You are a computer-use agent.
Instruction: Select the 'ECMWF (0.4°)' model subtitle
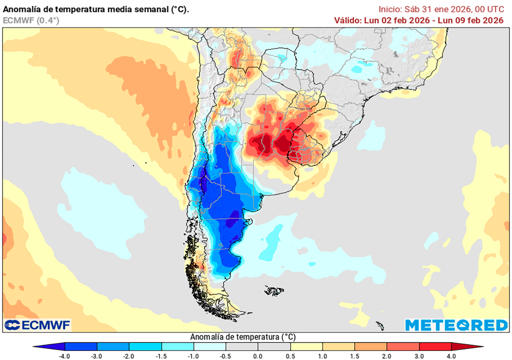tap(31, 20)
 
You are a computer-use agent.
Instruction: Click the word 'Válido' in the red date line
tap(347, 20)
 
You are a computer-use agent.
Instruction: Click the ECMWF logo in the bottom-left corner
tap(37, 325)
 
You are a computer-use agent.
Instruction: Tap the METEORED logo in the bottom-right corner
tap(456, 325)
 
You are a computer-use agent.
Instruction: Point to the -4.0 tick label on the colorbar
tap(65, 355)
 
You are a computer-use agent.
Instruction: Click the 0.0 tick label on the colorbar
tap(257, 355)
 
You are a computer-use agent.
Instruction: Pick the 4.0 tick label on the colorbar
tap(451, 355)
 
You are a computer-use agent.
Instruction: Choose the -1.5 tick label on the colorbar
tap(161, 355)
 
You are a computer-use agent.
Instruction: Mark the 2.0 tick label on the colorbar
tap(387, 355)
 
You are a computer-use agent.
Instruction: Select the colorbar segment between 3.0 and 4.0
tap(435, 346)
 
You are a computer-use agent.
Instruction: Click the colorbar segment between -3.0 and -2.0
tap(113, 346)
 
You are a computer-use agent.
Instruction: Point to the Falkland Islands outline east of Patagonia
tap(274, 290)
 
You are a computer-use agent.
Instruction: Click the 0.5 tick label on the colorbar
tap(290, 355)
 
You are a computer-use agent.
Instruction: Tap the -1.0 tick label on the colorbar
tap(193, 355)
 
